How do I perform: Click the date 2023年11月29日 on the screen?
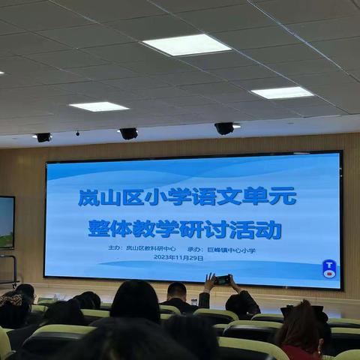pyautogui.click(x=178, y=258)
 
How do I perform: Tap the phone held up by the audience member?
pyautogui.click(x=223, y=280)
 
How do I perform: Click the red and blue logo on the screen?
pyautogui.click(x=329, y=268)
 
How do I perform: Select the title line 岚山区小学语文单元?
pyautogui.click(x=187, y=197)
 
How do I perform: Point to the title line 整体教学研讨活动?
pyautogui.click(x=184, y=228)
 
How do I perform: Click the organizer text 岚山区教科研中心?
pyautogui.click(x=151, y=248)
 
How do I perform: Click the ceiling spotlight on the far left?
pyautogui.click(x=43, y=137)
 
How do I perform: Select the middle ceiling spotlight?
pyautogui.click(x=129, y=133)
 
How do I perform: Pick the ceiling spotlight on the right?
pyautogui.click(x=224, y=128)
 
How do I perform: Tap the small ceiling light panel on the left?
pyautogui.click(x=98, y=106)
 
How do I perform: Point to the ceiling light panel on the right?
pyautogui.click(x=281, y=92)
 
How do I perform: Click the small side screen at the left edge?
pyautogui.click(x=6, y=222)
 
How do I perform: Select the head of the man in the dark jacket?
pyautogui.click(x=177, y=292)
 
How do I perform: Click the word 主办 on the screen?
pyautogui.click(x=114, y=248)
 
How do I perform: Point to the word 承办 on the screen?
pyautogui.click(x=194, y=249)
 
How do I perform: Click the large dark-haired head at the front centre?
pyautogui.click(x=135, y=300)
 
